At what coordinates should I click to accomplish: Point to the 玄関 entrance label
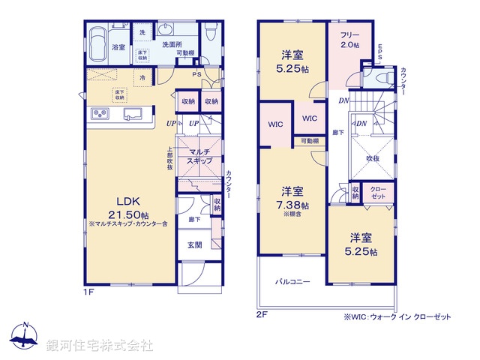click(x=193, y=244)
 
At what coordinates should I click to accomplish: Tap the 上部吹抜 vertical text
click(x=170, y=158)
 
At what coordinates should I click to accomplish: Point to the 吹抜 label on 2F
click(x=372, y=158)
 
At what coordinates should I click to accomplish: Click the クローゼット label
click(x=379, y=192)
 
